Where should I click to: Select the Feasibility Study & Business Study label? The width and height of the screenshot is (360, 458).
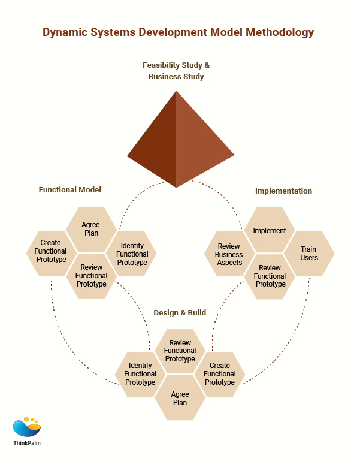[176, 71]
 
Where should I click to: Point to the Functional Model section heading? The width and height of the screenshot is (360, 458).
[70, 189]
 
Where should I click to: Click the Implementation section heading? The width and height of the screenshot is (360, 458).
[283, 191]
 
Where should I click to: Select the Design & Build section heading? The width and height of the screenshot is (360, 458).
[180, 312]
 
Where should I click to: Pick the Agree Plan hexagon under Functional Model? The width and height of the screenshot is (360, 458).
[90, 229]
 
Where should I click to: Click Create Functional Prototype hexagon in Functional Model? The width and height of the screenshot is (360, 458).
[50, 252]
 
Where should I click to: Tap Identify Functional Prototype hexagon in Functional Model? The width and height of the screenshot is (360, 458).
[132, 254]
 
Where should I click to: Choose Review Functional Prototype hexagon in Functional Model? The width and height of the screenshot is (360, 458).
[91, 276]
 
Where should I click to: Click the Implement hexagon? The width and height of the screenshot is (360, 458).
[270, 230]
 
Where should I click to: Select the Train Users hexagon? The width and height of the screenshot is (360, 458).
[308, 253]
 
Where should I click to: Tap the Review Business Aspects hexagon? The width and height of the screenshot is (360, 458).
[229, 254]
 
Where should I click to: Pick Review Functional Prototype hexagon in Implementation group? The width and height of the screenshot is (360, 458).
[270, 276]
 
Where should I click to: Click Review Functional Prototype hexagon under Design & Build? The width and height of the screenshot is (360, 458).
[180, 351]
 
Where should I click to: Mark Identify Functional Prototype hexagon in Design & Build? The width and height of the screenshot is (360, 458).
[140, 374]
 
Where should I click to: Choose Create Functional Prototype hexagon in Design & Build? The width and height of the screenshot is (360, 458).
[220, 374]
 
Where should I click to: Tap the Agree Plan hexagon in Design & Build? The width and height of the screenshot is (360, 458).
[180, 398]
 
